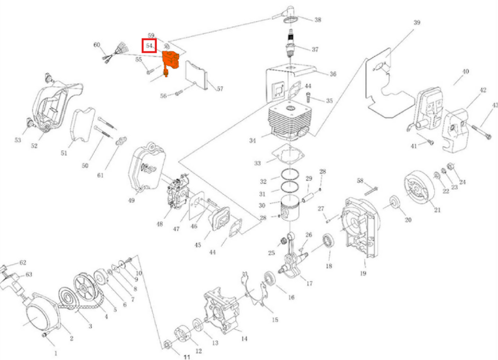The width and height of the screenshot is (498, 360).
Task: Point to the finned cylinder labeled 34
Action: click(x=289, y=122)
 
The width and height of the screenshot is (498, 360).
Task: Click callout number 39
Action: click(x=417, y=23)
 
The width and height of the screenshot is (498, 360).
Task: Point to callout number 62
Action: click(x=23, y=263)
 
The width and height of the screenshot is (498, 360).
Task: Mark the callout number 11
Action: click(x=187, y=357)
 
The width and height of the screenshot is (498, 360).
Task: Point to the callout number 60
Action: click(x=97, y=45)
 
